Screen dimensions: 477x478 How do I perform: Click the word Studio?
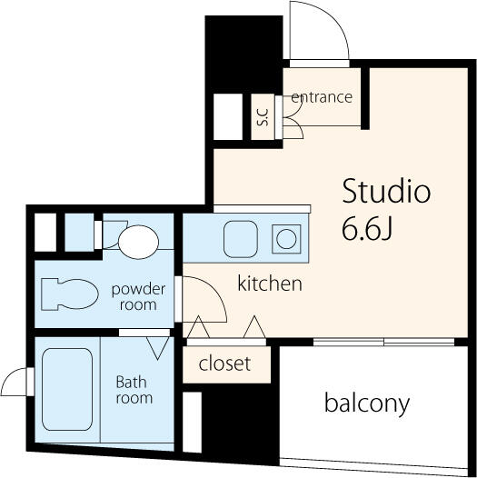386,191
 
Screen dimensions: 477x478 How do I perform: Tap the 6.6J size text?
366,229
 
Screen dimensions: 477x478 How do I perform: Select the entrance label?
322,97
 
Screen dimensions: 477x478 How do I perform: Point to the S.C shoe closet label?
263,117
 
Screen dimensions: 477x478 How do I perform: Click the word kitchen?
270,284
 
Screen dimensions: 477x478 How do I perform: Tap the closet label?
224,363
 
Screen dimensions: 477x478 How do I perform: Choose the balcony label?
367,403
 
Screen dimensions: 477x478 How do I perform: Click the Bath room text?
134,390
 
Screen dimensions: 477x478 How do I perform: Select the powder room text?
138,297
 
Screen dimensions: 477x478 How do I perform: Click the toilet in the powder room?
70,294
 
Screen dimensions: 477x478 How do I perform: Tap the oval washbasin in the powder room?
138,242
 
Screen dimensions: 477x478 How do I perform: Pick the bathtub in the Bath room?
67,389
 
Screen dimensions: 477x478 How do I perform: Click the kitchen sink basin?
241,239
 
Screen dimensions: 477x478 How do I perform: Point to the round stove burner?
286,239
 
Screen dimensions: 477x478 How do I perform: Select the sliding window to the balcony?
383,342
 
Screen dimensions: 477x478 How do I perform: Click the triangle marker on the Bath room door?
157,348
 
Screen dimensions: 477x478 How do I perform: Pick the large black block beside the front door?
243,55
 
